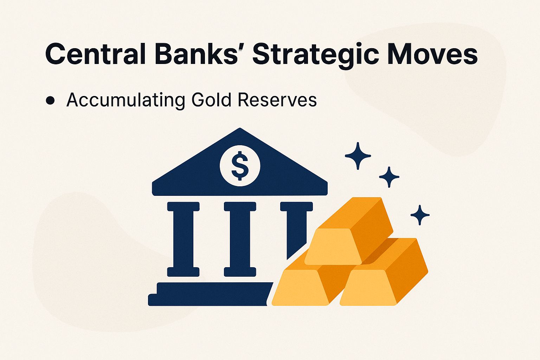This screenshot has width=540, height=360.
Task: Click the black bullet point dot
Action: [x=50, y=101]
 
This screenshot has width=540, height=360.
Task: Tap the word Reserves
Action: [x=277, y=100]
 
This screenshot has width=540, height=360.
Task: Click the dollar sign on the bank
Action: [x=240, y=165]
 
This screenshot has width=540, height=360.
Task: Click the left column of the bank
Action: [x=183, y=239]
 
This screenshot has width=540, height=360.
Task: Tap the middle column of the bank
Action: [x=240, y=239]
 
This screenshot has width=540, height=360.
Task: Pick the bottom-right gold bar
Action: [x=383, y=278]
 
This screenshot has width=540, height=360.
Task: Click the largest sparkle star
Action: [x=358, y=156]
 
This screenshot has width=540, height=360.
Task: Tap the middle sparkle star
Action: [x=389, y=177]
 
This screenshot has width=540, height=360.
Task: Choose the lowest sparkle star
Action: [x=420, y=215]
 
